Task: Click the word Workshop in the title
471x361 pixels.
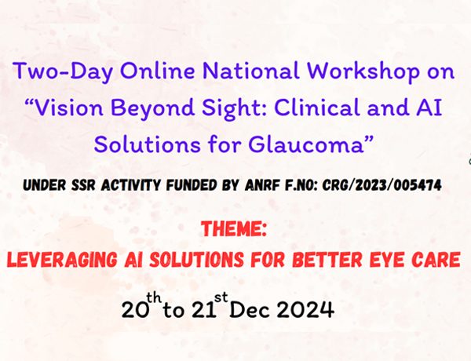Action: (x=362, y=72)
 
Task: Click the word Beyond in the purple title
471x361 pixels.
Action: (x=152, y=108)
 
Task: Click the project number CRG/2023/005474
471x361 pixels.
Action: (x=382, y=185)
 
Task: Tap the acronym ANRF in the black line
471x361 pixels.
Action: (x=262, y=185)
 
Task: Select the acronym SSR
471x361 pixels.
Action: (x=83, y=185)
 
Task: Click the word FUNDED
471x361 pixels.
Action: (x=192, y=185)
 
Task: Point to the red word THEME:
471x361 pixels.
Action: (x=234, y=229)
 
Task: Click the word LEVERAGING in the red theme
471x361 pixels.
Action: (x=61, y=260)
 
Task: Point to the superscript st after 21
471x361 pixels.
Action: (x=221, y=297)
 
